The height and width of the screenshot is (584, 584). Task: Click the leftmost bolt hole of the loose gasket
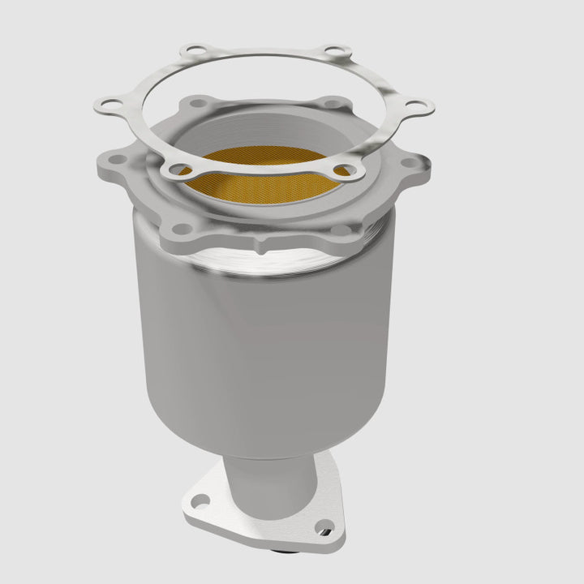coord(109,105)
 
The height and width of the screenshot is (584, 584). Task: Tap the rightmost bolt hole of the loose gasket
coord(419,107)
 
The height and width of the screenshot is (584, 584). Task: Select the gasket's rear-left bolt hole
coord(191,52)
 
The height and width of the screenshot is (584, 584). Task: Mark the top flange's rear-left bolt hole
coord(196,104)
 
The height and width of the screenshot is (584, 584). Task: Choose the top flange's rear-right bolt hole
coord(328,104)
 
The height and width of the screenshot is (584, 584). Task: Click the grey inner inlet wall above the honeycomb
coord(268,134)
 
